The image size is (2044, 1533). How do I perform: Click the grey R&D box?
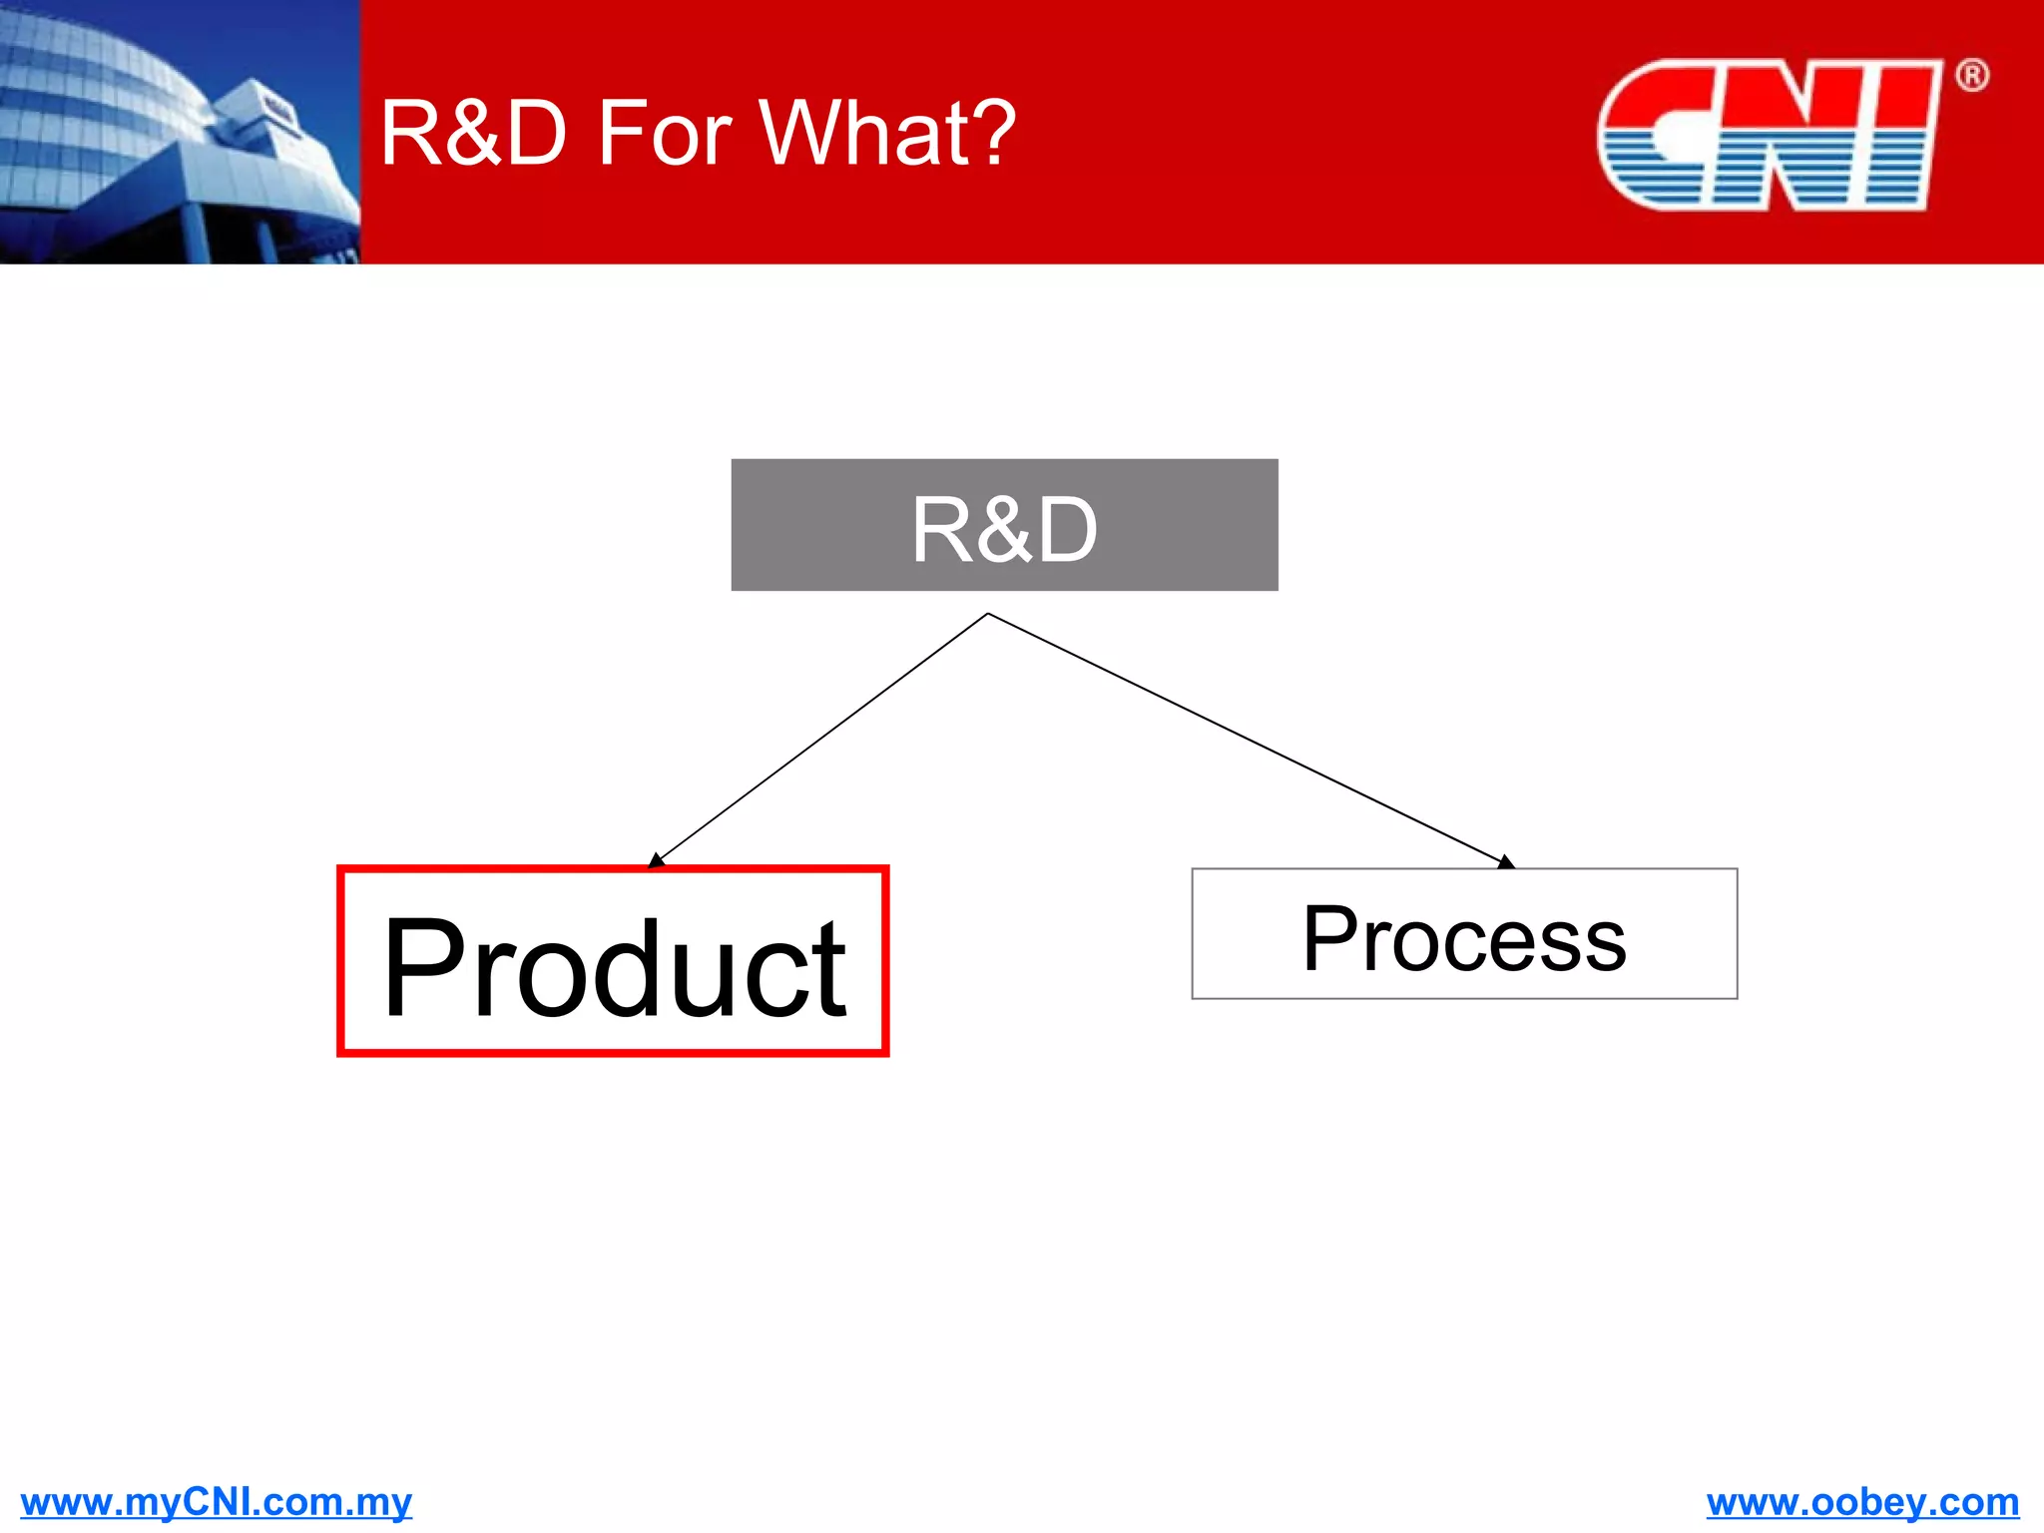click(x=1004, y=525)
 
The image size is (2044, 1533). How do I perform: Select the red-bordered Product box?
click(x=613, y=961)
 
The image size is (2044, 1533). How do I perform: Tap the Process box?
click(x=1463, y=934)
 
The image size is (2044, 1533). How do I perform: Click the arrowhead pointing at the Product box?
click(x=656, y=860)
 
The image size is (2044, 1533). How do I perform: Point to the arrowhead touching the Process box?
click(x=1505, y=862)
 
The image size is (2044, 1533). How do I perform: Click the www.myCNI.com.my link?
click(x=216, y=1501)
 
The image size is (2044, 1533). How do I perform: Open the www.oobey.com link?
click(x=1862, y=1501)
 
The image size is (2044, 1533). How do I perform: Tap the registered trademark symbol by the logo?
click(x=1971, y=76)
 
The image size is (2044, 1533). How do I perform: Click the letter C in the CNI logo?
click(x=1652, y=135)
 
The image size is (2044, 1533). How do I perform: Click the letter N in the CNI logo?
click(x=1787, y=135)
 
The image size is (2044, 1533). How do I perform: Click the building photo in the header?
click(x=180, y=132)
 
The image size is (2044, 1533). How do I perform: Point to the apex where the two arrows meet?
click(x=987, y=614)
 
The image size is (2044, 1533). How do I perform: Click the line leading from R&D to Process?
click(x=1248, y=739)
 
